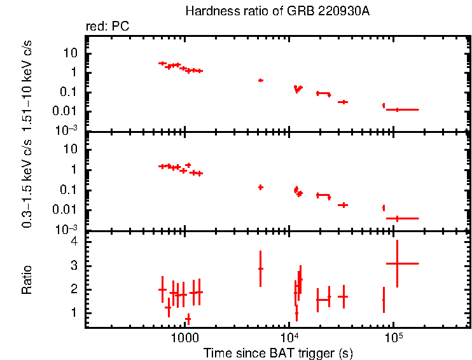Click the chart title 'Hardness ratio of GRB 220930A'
click(x=277, y=11)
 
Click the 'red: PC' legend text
click(x=105, y=27)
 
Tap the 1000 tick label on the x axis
click(x=184, y=338)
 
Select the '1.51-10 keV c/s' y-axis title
click(x=27, y=82)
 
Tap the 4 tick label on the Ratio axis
click(x=74, y=242)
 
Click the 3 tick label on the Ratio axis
click(x=74, y=266)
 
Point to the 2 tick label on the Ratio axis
click(x=74, y=289)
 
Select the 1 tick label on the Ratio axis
click(x=74, y=313)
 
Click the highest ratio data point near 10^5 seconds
click(x=397, y=263)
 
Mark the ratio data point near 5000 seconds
click(x=260, y=268)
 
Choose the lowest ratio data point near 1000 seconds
click(x=188, y=319)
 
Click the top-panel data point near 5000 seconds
click(x=260, y=80)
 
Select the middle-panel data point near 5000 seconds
click(x=260, y=187)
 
